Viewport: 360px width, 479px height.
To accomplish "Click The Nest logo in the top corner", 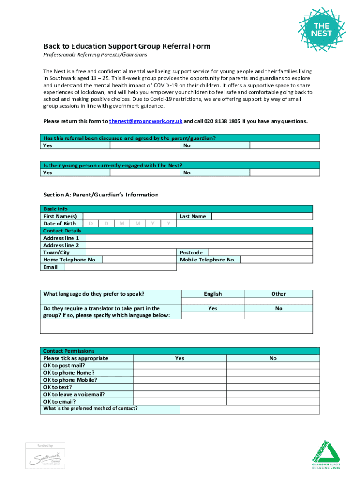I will (322, 29).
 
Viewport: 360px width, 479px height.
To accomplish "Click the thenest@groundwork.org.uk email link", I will (145, 121).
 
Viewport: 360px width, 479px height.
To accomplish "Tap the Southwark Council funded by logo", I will (45, 455).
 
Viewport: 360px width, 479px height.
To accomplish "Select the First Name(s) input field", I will (130, 217).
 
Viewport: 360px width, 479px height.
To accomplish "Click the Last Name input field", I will (262, 217).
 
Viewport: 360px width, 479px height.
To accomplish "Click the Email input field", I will (120, 267).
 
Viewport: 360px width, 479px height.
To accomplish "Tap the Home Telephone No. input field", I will (139, 260).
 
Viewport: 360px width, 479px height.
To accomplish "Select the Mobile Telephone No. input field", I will (276, 260).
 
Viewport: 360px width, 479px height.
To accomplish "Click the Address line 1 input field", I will (199, 238).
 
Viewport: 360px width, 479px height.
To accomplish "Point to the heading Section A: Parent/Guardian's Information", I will (101, 195).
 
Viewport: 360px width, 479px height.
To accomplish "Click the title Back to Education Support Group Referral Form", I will (127, 46).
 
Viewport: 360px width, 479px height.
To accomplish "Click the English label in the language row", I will (213, 294).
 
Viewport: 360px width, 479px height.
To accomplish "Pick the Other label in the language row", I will (279, 294).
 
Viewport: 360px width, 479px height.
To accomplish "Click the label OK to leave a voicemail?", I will (74, 394).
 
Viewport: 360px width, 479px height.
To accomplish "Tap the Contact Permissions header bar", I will (180, 351).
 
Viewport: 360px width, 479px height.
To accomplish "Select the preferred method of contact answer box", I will (250, 410).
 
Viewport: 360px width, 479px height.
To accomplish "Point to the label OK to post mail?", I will (64, 365).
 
